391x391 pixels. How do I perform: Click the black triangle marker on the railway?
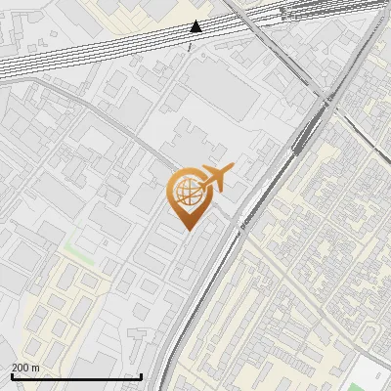pyautogui.click(x=195, y=26)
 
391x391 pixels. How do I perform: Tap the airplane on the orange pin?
pyautogui.click(x=216, y=178)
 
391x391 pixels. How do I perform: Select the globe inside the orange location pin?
pyautogui.click(x=185, y=194)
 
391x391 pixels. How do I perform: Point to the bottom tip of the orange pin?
pyautogui.click(x=185, y=230)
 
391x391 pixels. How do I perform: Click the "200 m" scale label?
pyautogui.click(x=25, y=368)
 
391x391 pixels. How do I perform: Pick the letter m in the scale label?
pyautogui.click(x=35, y=368)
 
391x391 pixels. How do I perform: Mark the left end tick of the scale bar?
pyautogui.click(x=12, y=376)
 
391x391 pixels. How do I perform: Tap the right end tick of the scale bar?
pyautogui.click(x=142, y=376)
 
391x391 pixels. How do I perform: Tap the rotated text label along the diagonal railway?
pyautogui.click(x=243, y=221)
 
